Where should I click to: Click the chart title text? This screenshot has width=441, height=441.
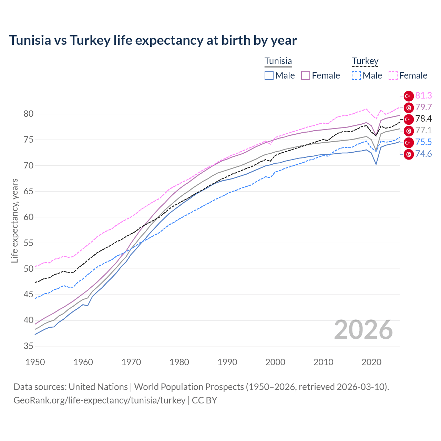coord(153,40)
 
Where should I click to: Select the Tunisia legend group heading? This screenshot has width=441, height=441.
coord(278,61)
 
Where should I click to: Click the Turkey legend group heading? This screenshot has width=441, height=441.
coord(365,61)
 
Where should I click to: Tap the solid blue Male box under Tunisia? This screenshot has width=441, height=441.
coord(269,75)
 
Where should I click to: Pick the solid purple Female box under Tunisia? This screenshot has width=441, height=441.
coord(306,75)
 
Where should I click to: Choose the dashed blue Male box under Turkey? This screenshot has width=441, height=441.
coord(356,75)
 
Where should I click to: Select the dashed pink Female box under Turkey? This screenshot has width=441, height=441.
coord(393,75)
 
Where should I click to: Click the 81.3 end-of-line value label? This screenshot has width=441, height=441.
coord(423,96)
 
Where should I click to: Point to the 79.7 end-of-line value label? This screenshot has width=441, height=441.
coord(423,107)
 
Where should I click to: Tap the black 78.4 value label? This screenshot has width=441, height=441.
coord(423,119)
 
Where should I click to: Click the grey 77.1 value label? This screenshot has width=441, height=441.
coord(423,131)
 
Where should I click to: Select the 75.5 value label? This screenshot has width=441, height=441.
coord(423,142)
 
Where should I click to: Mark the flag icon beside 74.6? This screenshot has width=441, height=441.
coord(409,154)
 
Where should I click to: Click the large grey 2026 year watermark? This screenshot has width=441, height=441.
coord(363,330)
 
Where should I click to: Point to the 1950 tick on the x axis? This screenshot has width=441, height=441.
coord(35,362)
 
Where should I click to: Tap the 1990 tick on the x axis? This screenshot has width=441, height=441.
coord(227,362)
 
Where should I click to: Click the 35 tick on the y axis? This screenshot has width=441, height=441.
coord(29,346)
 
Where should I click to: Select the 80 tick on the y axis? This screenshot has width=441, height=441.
coord(29,114)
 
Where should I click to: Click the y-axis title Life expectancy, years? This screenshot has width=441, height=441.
coord(14,220)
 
